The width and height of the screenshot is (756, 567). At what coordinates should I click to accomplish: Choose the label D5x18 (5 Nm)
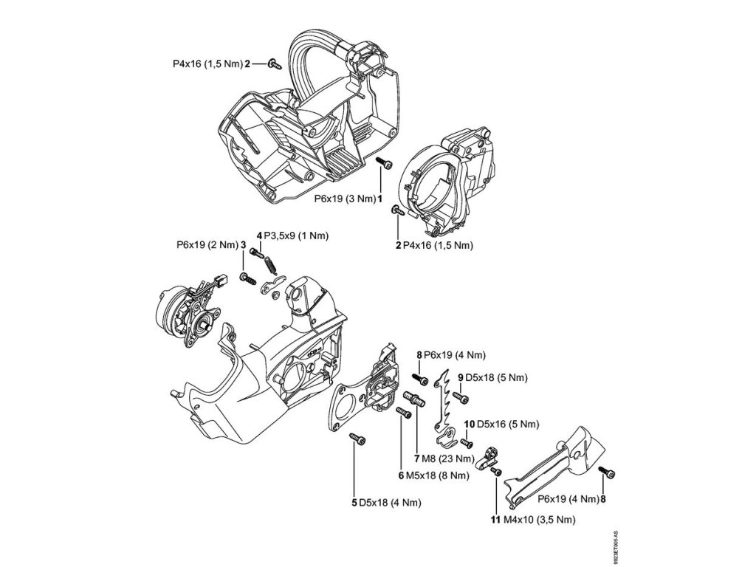(x=498, y=377)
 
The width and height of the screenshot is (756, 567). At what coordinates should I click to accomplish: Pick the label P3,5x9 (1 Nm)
(x=297, y=235)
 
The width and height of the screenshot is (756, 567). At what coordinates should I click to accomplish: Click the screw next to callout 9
(x=463, y=399)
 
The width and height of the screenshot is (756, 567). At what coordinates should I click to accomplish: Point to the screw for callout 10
(x=466, y=443)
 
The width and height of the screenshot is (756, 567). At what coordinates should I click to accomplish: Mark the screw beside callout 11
(x=496, y=472)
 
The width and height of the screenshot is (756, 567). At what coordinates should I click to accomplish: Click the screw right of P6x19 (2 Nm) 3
(x=247, y=279)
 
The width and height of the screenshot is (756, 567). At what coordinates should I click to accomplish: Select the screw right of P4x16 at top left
(x=274, y=64)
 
